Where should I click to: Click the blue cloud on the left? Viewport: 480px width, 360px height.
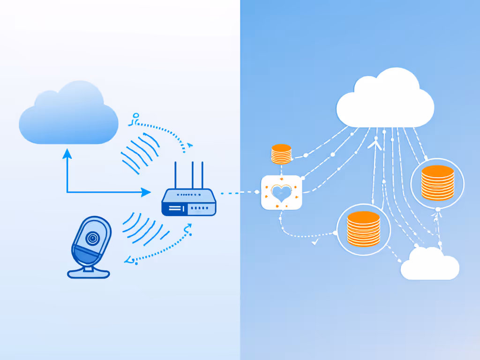tap(68, 117)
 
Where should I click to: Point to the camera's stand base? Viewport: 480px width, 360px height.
tap(89, 272)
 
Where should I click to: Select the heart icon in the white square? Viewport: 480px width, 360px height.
tap(281, 193)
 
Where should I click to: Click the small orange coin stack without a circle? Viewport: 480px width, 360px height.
tap(281, 154)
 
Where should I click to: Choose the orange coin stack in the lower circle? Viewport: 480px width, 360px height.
tap(363, 228)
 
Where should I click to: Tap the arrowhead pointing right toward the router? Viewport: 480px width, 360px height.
tap(146, 192)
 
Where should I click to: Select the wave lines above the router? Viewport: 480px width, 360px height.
tap(140, 151)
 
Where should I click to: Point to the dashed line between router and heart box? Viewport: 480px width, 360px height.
tap(239, 192)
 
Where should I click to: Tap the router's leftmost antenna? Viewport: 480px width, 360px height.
tap(176, 175)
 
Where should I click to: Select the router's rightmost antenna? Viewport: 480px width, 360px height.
tap(203, 175)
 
